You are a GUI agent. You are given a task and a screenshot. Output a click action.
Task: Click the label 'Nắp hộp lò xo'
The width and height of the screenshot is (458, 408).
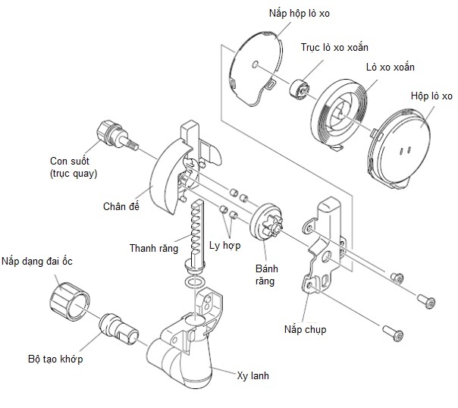tap(300, 14)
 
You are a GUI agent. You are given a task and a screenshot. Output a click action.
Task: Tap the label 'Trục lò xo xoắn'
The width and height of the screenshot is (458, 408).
tap(334, 47)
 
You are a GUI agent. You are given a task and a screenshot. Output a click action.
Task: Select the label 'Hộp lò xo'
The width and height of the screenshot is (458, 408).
tap(431, 96)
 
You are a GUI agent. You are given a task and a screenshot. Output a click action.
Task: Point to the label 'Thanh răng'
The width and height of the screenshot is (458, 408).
tap(154, 248)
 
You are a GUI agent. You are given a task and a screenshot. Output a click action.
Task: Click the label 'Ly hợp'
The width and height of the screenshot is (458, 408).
tap(225, 246)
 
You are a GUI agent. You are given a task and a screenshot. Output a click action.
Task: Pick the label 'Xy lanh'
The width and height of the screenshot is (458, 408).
tap(253, 375)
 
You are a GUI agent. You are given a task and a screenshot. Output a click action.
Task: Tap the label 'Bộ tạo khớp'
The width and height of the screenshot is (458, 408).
tap(55, 359)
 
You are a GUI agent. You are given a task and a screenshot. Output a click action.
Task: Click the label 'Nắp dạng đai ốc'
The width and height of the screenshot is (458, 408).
tap(37, 261)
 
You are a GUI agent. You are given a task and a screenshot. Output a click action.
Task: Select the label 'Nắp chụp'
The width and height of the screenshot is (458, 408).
tap(306, 329)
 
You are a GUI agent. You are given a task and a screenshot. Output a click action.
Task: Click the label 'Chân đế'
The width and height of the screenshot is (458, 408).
tap(121, 206)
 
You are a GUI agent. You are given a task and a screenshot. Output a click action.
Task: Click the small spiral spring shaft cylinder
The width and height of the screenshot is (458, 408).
tap(300, 89)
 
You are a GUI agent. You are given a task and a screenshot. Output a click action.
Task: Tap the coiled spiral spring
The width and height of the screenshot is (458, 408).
tap(339, 113)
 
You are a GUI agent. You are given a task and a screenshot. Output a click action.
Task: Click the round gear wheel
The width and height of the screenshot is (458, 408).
tap(266, 221)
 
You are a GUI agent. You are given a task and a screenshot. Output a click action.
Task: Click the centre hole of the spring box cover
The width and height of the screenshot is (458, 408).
tap(256, 64)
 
